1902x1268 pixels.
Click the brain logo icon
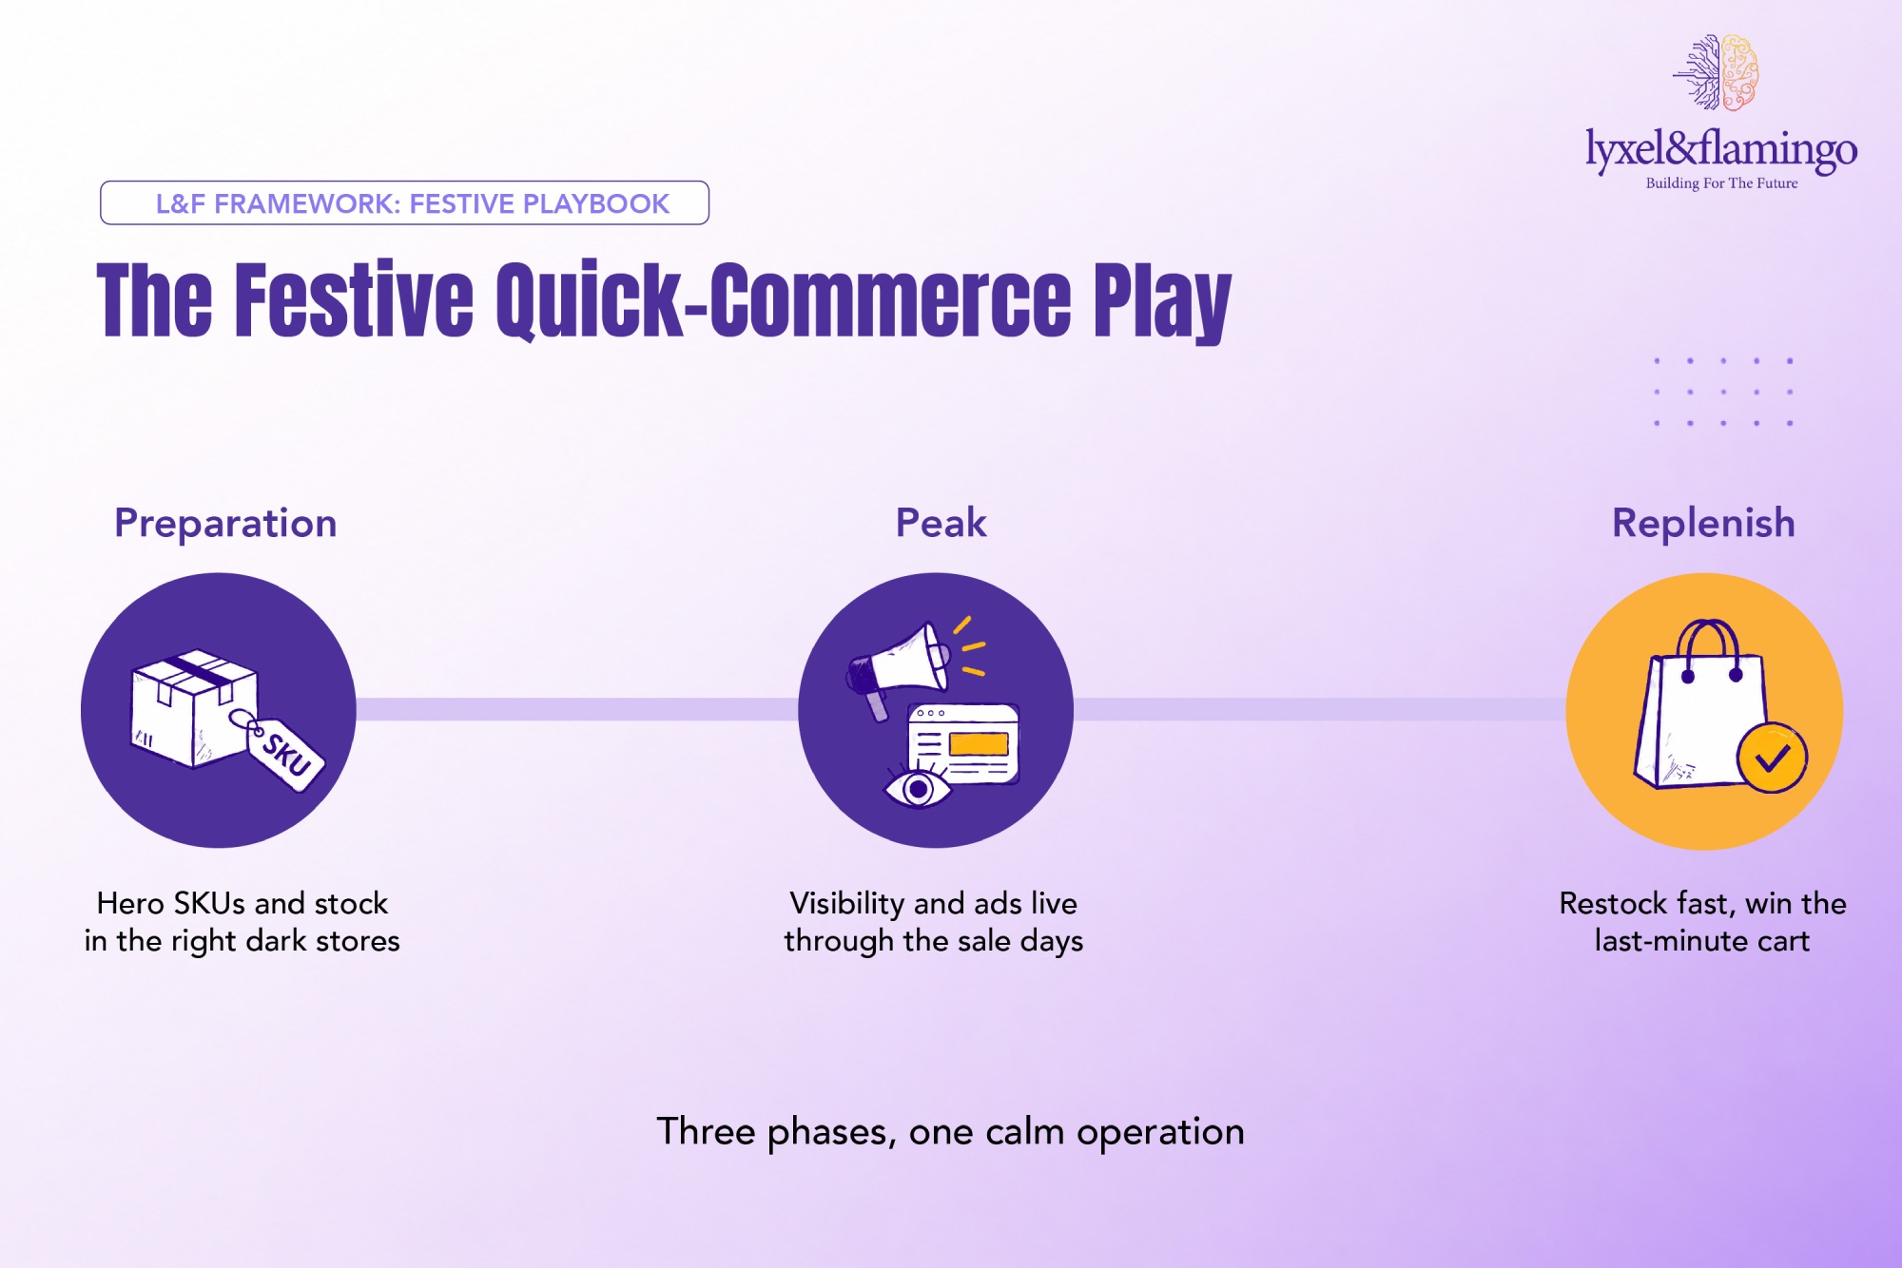pos(1717,72)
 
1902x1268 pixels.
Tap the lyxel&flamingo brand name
pos(1721,150)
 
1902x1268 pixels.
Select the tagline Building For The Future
pos(1721,183)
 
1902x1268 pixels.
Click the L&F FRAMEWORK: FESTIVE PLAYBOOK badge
pos(404,203)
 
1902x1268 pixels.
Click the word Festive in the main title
pos(354,299)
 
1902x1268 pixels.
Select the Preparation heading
pos(225,524)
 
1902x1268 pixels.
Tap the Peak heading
pos(941,523)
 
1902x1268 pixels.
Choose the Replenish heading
pos(1703,524)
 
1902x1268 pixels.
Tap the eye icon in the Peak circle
pos(918,788)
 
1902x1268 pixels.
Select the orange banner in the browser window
pos(979,743)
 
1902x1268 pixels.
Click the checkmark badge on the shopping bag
pos(1772,759)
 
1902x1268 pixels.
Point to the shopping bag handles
pos(1709,649)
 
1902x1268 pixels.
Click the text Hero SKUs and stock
pos(243,903)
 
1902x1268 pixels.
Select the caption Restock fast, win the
pos(1702,903)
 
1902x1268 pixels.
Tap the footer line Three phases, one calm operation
pos(951,1132)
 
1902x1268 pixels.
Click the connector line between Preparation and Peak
pos(577,709)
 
